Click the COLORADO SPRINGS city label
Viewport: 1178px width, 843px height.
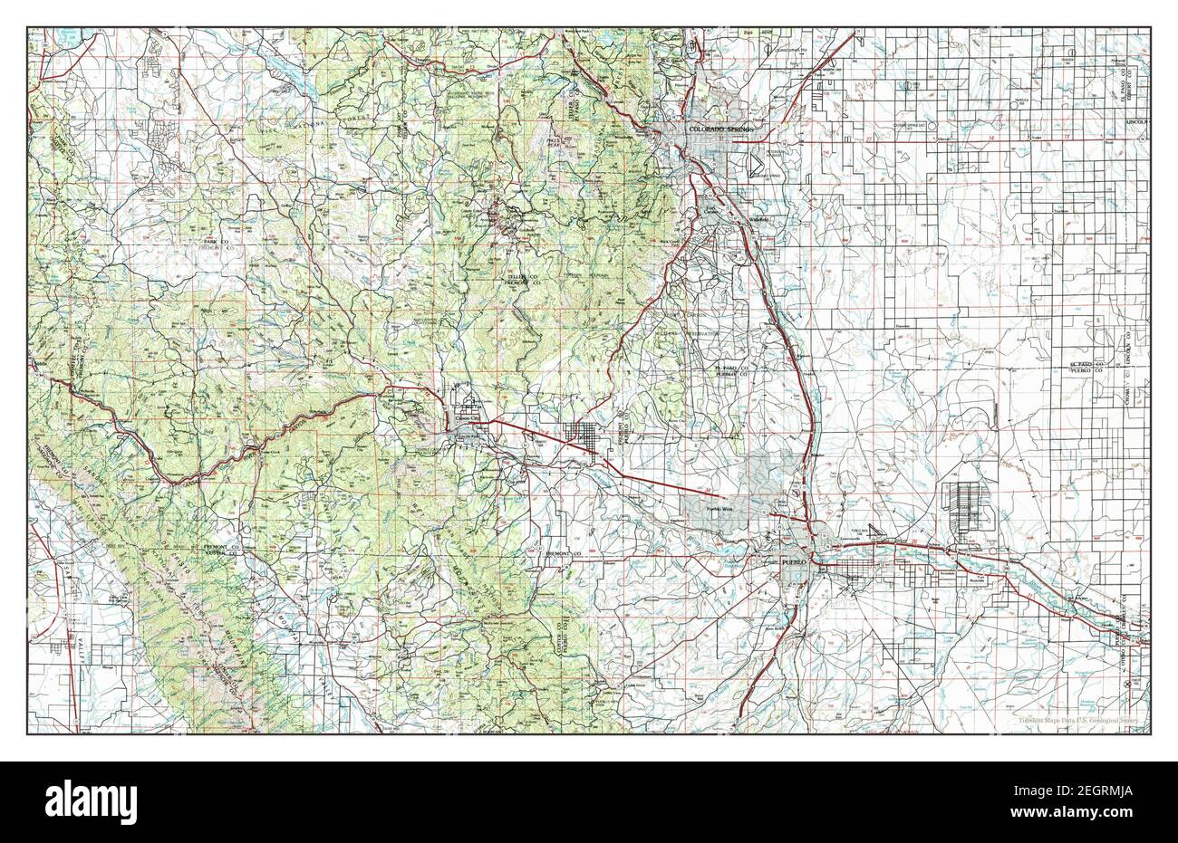coord(720,129)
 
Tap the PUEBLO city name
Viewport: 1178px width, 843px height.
coord(792,562)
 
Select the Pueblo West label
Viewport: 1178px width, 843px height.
coord(724,510)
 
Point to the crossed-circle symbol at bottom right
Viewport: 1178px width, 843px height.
coord(1126,685)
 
